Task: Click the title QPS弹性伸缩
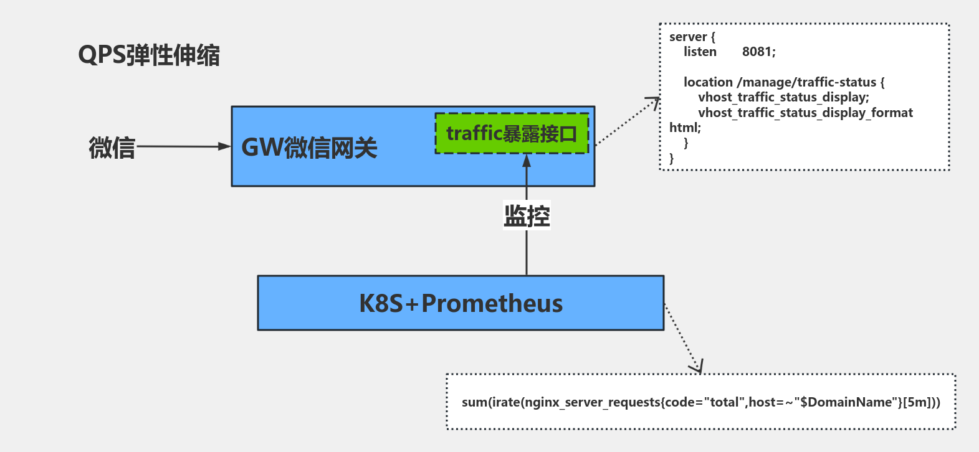148,55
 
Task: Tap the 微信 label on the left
112,148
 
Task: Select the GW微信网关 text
309,148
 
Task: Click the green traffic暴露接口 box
512,134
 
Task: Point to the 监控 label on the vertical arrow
527,216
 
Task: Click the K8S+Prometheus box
461,303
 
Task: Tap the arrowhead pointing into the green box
527,161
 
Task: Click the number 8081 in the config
758,52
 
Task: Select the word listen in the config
700,52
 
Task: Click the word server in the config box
688,37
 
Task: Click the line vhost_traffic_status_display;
783,98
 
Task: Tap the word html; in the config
685,128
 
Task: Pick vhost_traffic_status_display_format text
805,113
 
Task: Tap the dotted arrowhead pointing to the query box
697,367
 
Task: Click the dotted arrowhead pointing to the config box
654,101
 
